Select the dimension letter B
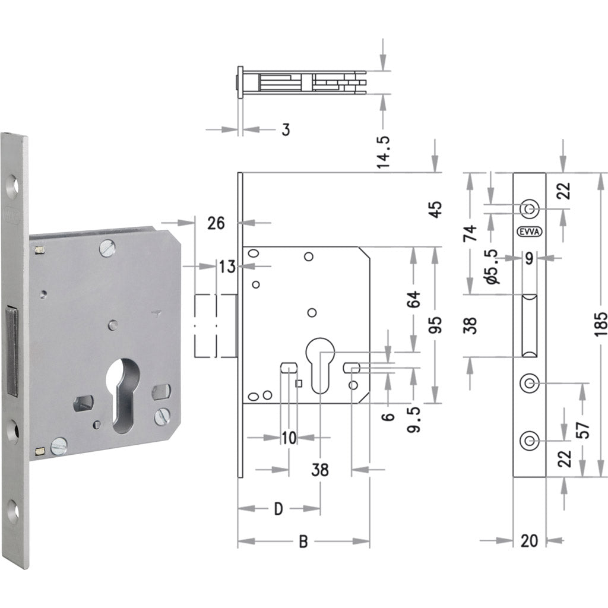click(303, 542)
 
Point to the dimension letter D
click(278, 509)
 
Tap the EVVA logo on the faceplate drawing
click(528, 232)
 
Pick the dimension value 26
click(216, 223)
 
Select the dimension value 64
click(414, 299)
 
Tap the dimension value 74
click(471, 232)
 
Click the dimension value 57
click(584, 430)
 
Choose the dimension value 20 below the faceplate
click(528, 540)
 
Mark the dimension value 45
click(436, 209)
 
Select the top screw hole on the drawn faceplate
click(528, 208)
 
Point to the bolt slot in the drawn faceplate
click(528, 325)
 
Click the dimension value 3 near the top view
click(286, 129)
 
